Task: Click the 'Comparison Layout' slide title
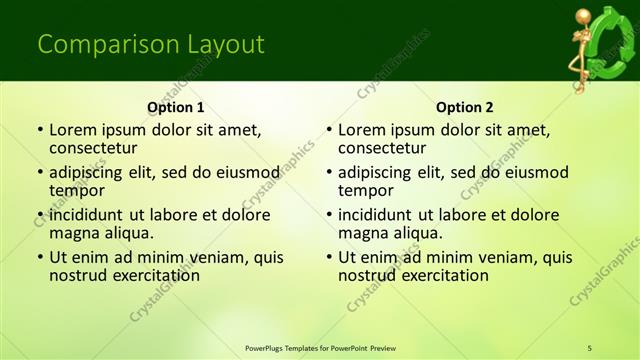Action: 150,45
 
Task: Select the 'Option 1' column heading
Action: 176,107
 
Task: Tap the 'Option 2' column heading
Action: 465,107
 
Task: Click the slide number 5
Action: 589,347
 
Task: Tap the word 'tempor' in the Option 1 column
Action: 76,191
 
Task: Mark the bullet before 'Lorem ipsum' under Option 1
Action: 39,130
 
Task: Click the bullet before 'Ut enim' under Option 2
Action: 328,257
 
